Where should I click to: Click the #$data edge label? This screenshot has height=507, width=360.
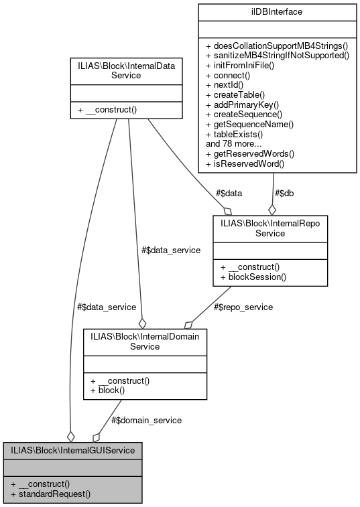(229, 193)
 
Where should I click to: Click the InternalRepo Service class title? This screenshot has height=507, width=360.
(269, 228)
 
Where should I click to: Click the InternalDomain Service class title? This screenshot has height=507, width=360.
(145, 342)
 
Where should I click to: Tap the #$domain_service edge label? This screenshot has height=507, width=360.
(145, 420)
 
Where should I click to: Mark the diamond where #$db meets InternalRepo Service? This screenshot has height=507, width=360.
(272, 210)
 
